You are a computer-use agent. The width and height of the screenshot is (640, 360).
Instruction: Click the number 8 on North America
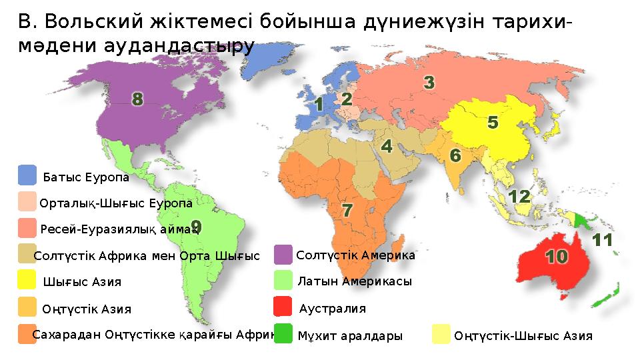(137, 100)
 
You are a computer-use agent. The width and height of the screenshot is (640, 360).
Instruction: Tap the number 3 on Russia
(430, 83)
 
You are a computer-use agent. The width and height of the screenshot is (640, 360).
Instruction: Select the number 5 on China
(493, 123)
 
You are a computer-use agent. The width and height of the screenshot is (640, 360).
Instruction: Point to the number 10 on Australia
(557, 256)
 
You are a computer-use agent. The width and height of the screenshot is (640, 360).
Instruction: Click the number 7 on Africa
(347, 210)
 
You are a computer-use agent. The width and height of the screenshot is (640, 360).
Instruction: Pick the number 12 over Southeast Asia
(519, 197)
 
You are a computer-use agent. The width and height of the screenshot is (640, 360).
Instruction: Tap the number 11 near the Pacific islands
(602, 240)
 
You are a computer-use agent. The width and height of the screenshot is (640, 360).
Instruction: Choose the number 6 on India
(455, 155)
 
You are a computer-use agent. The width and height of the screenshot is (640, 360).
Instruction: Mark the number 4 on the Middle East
(386, 145)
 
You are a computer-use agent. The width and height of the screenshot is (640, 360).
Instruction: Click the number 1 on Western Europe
(319, 105)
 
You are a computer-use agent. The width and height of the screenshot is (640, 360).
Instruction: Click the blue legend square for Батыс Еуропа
(27, 176)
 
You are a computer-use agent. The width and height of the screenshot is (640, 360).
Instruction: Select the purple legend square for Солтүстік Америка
(283, 255)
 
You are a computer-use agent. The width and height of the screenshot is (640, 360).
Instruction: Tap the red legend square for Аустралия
(283, 307)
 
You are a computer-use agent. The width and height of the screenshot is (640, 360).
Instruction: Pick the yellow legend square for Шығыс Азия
(27, 280)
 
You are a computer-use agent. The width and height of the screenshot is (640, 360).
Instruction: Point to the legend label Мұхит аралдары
(351, 337)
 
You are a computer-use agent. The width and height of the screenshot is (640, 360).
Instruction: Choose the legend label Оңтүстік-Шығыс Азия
(523, 336)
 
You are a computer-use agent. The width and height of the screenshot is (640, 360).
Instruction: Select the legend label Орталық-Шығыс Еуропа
(116, 203)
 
